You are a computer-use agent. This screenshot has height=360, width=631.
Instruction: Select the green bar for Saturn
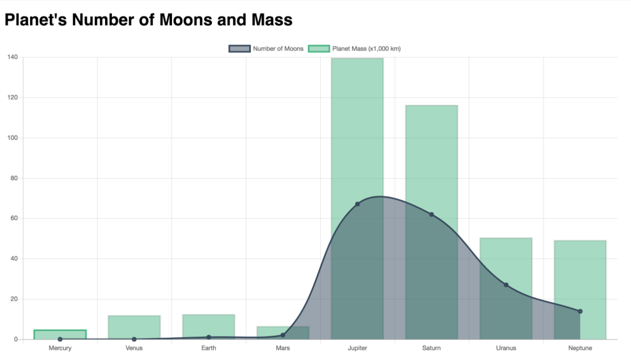[x=431, y=158]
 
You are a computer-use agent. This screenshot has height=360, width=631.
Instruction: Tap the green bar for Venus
[x=134, y=327]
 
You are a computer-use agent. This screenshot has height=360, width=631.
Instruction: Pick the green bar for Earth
[x=209, y=326]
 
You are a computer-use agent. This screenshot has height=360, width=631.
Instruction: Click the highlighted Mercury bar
[x=60, y=334]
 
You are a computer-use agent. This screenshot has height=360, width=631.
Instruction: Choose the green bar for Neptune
[x=580, y=273]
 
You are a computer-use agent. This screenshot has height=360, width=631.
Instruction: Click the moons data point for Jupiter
[x=357, y=204]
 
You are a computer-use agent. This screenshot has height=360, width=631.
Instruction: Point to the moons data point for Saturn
[x=431, y=214]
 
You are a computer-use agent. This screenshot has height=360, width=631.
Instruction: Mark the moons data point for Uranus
[x=506, y=285]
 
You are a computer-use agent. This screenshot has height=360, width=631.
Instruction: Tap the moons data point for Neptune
[x=580, y=311]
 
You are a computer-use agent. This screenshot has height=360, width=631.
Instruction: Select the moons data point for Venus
[x=134, y=339]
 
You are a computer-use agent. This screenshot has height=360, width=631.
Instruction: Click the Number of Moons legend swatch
[x=239, y=49]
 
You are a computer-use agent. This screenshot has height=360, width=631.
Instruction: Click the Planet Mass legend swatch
[x=319, y=49]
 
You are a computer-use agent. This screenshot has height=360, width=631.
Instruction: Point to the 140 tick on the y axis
[x=12, y=57]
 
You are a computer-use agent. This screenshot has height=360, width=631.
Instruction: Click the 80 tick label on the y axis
[x=14, y=178]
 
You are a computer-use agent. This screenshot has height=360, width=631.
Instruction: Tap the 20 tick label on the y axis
[x=14, y=299]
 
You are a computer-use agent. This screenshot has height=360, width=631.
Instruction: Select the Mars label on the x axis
[x=283, y=348]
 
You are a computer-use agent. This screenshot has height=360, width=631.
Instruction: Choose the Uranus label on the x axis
[x=506, y=348]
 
